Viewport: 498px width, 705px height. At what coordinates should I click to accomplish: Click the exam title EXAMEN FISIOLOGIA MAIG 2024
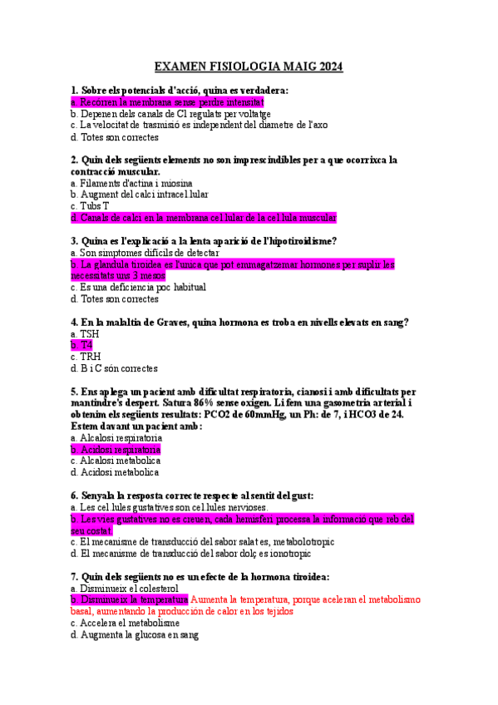pyautogui.click(x=249, y=67)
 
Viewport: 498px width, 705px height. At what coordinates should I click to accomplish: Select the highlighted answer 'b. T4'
pyautogui.click(x=81, y=345)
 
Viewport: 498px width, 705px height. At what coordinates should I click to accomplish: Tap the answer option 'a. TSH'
pyautogui.click(x=85, y=333)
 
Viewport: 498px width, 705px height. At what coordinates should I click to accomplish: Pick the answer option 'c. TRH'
pyautogui.click(x=86, y=357)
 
